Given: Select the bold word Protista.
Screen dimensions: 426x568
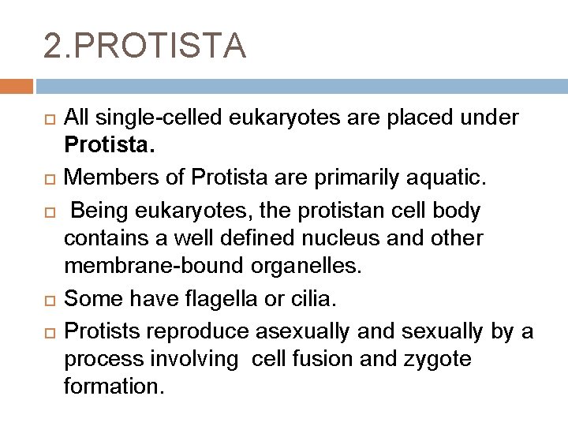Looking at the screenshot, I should pyautogui.click(x=103, y=143).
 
